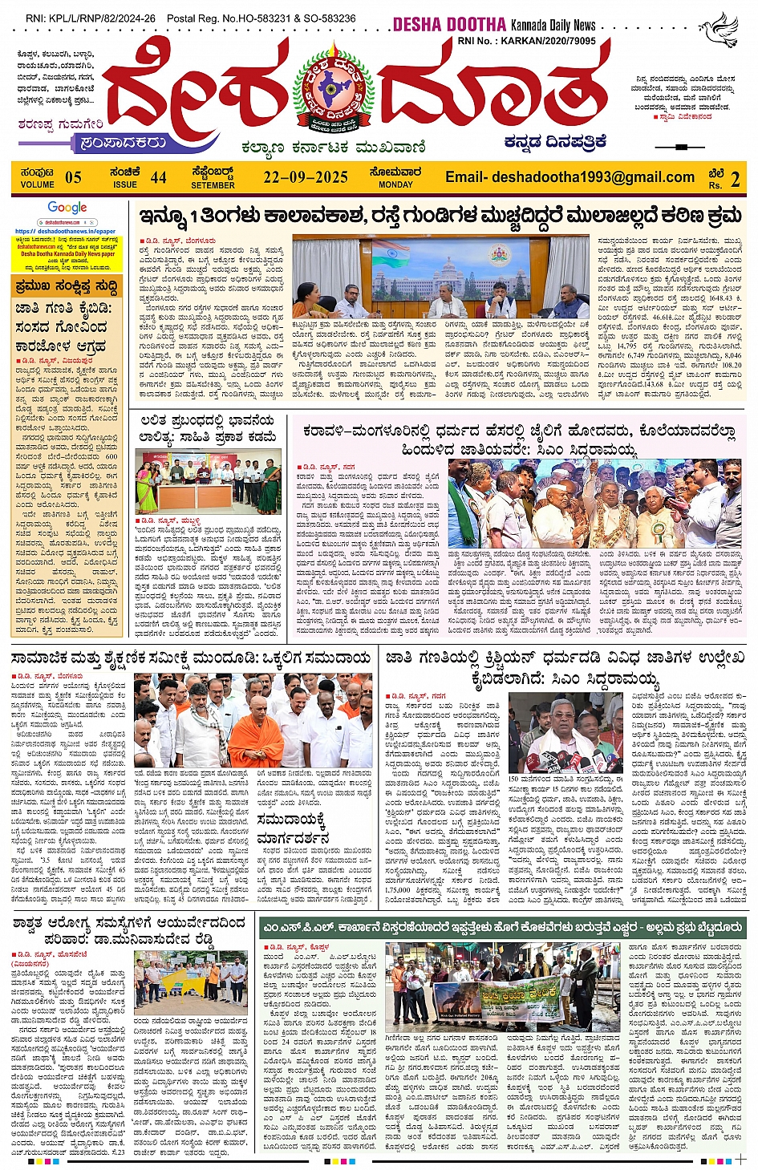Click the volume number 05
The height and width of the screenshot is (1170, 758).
click(73, 177)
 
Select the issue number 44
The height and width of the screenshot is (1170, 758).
click(159, 177)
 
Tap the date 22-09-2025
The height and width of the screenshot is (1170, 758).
click(306, 177)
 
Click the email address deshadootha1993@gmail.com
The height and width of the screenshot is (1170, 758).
click(570, 177)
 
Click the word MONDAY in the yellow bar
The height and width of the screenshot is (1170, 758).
click(395, 184)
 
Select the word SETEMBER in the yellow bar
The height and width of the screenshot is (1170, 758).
click(213, 185)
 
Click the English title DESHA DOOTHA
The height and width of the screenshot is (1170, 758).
click(449, 25)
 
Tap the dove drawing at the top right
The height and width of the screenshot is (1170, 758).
click(719, 29)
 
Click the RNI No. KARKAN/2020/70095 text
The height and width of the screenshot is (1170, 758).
click(526, 40)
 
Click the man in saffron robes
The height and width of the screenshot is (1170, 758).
click(255, 731)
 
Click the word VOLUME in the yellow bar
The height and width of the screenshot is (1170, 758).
click(38, 184)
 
